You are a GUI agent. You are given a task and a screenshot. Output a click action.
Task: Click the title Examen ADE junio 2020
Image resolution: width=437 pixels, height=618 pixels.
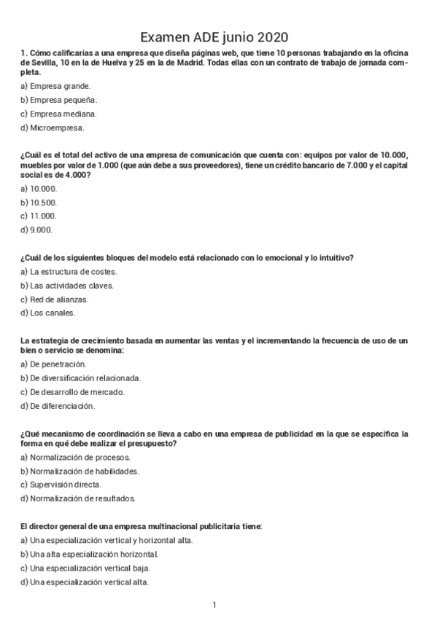214,37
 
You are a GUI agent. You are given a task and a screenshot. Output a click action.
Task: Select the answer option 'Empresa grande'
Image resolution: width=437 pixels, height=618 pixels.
56,86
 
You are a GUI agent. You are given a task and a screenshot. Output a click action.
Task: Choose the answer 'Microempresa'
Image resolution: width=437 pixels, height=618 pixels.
53,128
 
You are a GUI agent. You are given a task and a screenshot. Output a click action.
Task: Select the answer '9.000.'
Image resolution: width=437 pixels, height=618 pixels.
37,230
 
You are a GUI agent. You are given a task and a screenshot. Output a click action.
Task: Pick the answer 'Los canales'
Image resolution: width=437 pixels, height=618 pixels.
50,313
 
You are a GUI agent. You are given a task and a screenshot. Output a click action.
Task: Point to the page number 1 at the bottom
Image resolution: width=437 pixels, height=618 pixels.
214,605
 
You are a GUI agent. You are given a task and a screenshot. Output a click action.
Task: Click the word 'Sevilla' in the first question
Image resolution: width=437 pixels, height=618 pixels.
44,63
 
